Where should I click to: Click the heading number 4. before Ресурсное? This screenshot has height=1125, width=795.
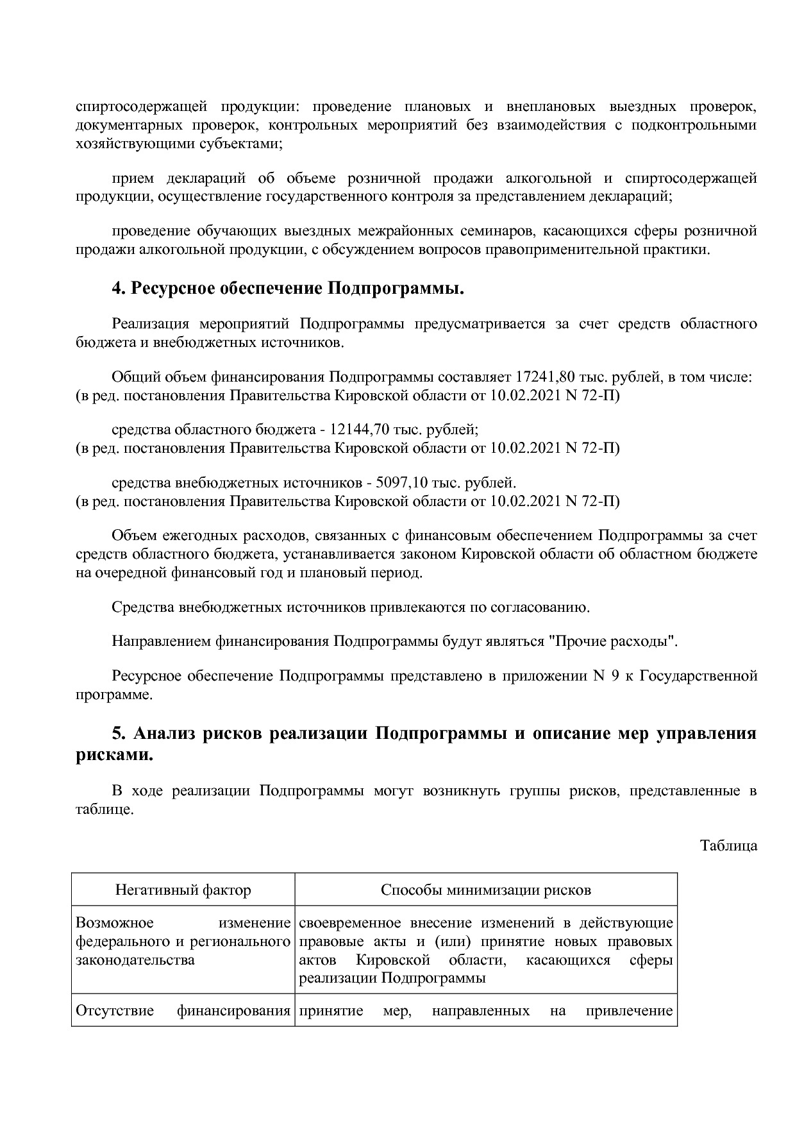pos(119,289)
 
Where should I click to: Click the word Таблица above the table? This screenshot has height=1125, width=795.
pos(728,845)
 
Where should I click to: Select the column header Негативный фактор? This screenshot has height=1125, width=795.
pos(183,890)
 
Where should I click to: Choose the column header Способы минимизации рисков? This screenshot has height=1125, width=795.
pos(485,890)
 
